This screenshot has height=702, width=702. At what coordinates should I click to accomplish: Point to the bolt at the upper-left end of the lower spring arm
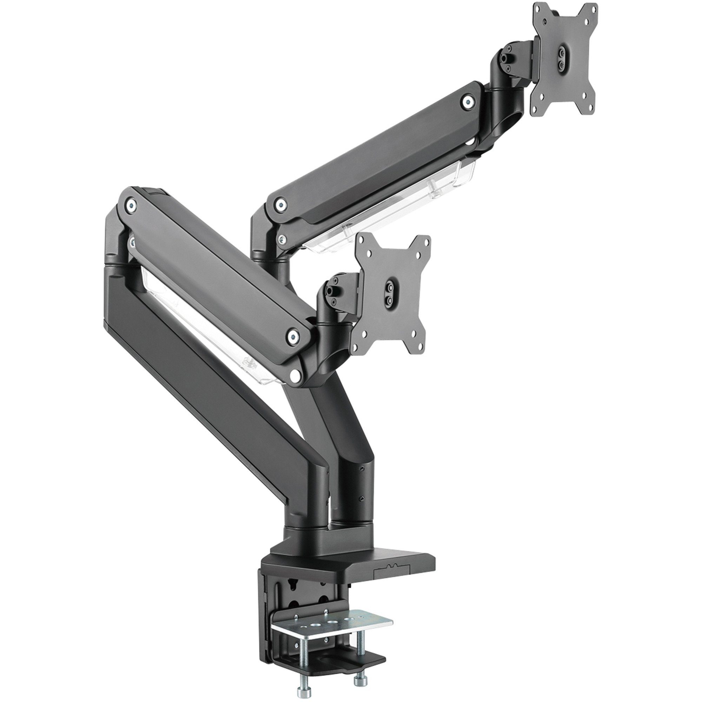point(131,205)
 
